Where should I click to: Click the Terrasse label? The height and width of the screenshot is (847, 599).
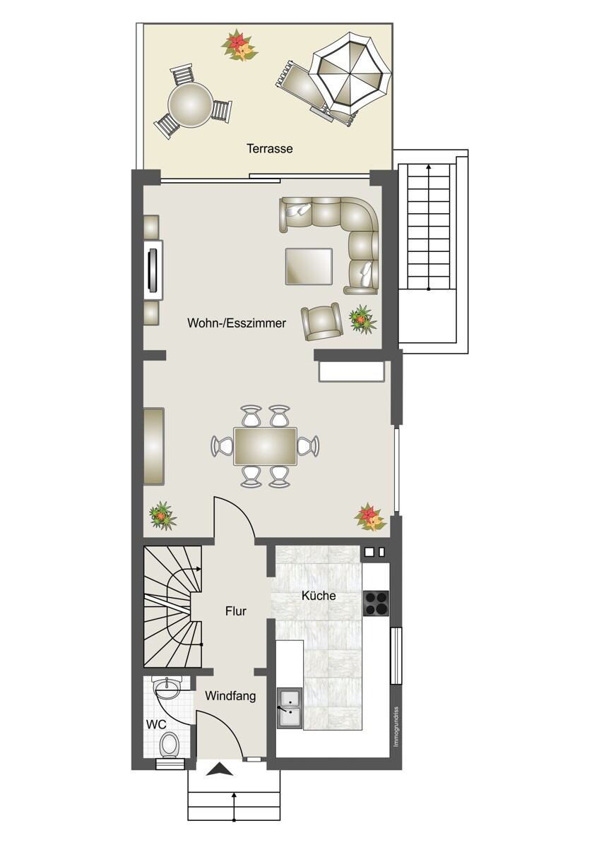point(269,149)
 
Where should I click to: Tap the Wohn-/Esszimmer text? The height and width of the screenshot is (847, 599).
point(237,323)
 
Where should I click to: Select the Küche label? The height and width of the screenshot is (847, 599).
point(319,596)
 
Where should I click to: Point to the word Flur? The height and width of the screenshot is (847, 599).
point(236,611)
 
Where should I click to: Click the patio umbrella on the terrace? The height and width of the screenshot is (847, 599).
point(352,72)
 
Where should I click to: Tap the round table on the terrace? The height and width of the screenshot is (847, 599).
point(189,104)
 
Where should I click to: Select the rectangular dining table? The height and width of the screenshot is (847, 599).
point(265,446)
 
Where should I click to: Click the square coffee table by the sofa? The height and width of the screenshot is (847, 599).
point(309,266)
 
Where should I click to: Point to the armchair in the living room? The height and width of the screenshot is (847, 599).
point(321,321)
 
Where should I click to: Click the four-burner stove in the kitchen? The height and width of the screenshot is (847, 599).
point(376,602)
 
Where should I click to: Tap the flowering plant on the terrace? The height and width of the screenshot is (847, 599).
point(239,45)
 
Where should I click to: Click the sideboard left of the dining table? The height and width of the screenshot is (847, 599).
point(153,446)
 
